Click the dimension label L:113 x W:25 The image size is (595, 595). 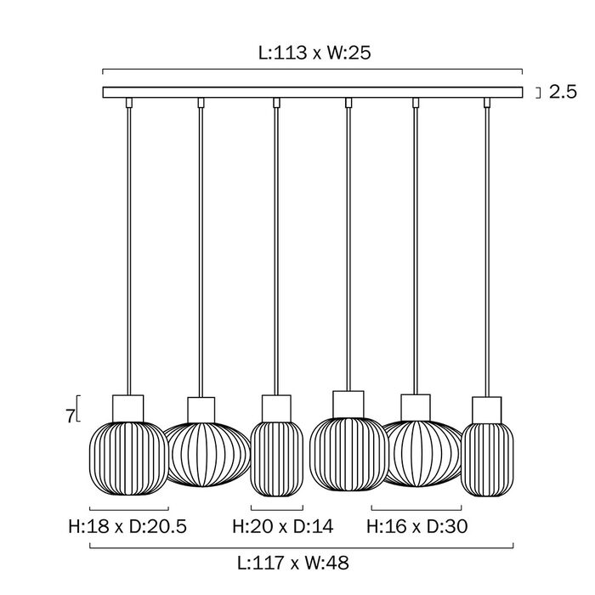[314, 53]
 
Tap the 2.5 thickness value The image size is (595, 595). [563, 92]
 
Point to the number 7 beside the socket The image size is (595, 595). [70, 416]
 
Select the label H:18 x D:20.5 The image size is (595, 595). [127, 526]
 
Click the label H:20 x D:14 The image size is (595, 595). [283, 526]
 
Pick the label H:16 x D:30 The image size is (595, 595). [417, 526]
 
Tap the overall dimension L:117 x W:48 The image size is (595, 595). [293, 563]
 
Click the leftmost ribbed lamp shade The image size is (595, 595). [129, 458]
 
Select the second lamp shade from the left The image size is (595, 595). [208, 454]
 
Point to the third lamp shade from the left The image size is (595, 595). [277, 459]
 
